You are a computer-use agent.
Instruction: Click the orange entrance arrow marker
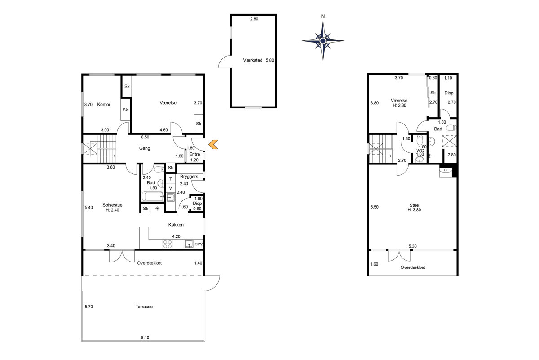(213, 144)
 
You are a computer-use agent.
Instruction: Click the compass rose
(323, 41)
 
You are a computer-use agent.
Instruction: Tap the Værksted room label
(252, 60)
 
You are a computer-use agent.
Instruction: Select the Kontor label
(104, 105)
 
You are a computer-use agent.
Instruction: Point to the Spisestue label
(112, 205)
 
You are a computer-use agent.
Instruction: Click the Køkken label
(176, 225)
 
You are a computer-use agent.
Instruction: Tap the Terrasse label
(144, 307)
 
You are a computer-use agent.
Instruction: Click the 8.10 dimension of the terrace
(145, 338)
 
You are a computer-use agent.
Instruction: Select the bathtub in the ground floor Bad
(153, 196)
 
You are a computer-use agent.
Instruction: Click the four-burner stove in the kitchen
(168, 244)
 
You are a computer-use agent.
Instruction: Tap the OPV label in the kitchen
(199, 244)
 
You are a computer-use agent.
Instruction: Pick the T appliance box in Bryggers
(171, 179)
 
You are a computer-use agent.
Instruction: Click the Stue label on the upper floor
(414, 205)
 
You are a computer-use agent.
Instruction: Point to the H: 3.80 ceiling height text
(414, 210)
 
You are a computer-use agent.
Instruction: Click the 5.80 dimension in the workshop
(270, 60)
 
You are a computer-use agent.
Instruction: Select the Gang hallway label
(145, 148)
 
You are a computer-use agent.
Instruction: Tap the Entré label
(194, 154)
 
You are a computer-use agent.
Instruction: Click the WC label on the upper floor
(420, 151)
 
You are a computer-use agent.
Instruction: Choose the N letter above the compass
(323, 16)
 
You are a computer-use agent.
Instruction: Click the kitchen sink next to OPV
(189, 244)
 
